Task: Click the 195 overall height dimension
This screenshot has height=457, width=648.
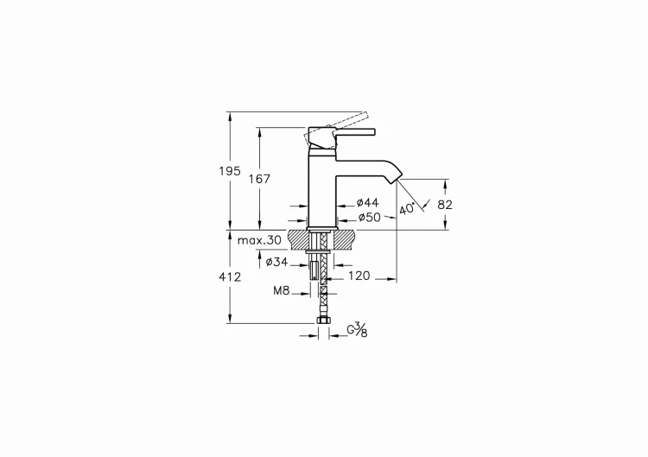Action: pos(229,171)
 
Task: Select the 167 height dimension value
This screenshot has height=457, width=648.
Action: pos(259,179)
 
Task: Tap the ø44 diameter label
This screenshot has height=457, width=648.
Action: pos(367,202)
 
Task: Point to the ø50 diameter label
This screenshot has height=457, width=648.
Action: pos(369,218)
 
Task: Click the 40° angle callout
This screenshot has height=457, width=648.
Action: pos(407,209)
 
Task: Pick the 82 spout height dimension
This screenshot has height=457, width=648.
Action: pos(445,205)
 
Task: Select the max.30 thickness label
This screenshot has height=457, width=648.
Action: pos(259,240)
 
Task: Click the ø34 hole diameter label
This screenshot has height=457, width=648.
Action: pos(276,262)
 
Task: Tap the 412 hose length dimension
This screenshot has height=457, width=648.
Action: pos(229,276)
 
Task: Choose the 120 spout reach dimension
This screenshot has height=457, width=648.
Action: pos(359,276)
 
